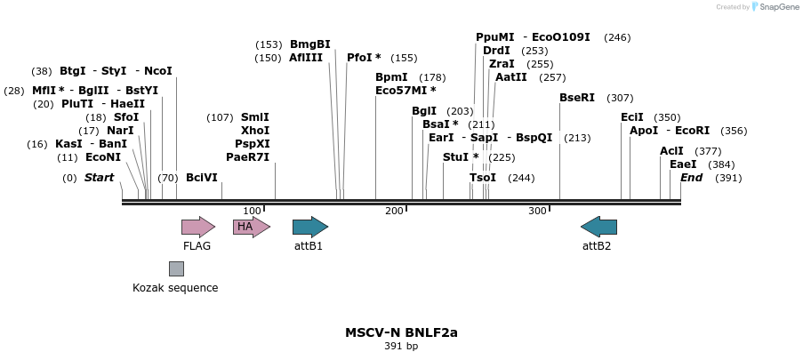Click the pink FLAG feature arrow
[197, 227]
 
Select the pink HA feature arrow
[251, 227]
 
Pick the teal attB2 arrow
[598, 227]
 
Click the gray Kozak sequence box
[176, 268]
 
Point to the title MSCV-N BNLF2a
[401, 332]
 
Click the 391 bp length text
[401, 347]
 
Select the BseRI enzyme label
[577, 98]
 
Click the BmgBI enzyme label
[309, 44]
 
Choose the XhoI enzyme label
[255, 131]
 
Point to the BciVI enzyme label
[202, 178]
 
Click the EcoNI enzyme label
[103, 157]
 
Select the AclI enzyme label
[671, 151]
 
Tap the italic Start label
[99, 178]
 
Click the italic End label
[691, 178]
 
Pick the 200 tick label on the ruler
[394, 211]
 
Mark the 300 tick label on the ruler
[537, 211]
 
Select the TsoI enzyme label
[483, 178]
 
